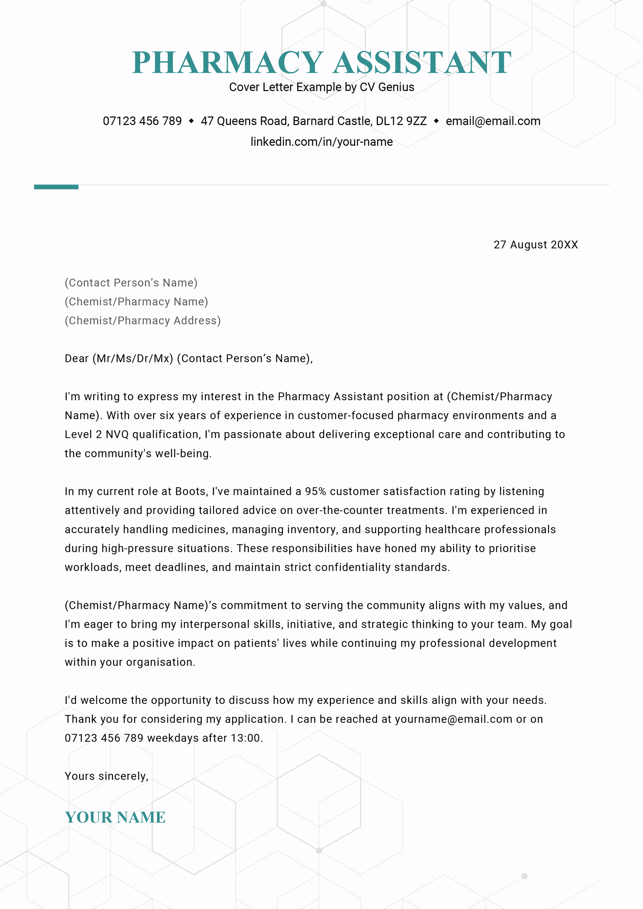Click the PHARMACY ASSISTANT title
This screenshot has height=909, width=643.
coord(321,63)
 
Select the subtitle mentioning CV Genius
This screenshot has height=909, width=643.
coord(321,87)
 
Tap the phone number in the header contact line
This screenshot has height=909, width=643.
coord(142,121)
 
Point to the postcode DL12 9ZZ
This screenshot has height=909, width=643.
coord(401,121)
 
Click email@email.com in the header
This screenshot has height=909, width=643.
coord(493,121)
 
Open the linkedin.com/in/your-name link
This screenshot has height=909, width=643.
coord(321,142)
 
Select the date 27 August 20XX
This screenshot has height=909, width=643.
coord(535,245)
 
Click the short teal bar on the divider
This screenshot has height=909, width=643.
coord(56,187)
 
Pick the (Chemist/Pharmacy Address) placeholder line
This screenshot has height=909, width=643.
coord(143,321)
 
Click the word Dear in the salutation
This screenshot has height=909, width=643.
coord(76,358)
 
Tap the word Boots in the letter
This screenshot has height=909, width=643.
coord(191,491)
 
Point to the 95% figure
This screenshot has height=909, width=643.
coord(315,491)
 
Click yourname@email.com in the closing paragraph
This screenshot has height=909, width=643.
coord(453,719)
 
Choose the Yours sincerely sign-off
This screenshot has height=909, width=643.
coord(106,776)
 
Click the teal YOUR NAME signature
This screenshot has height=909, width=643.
coord(115,817)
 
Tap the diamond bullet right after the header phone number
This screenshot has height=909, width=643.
coord(191,121)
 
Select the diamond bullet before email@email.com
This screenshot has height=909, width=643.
coord(436,121)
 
